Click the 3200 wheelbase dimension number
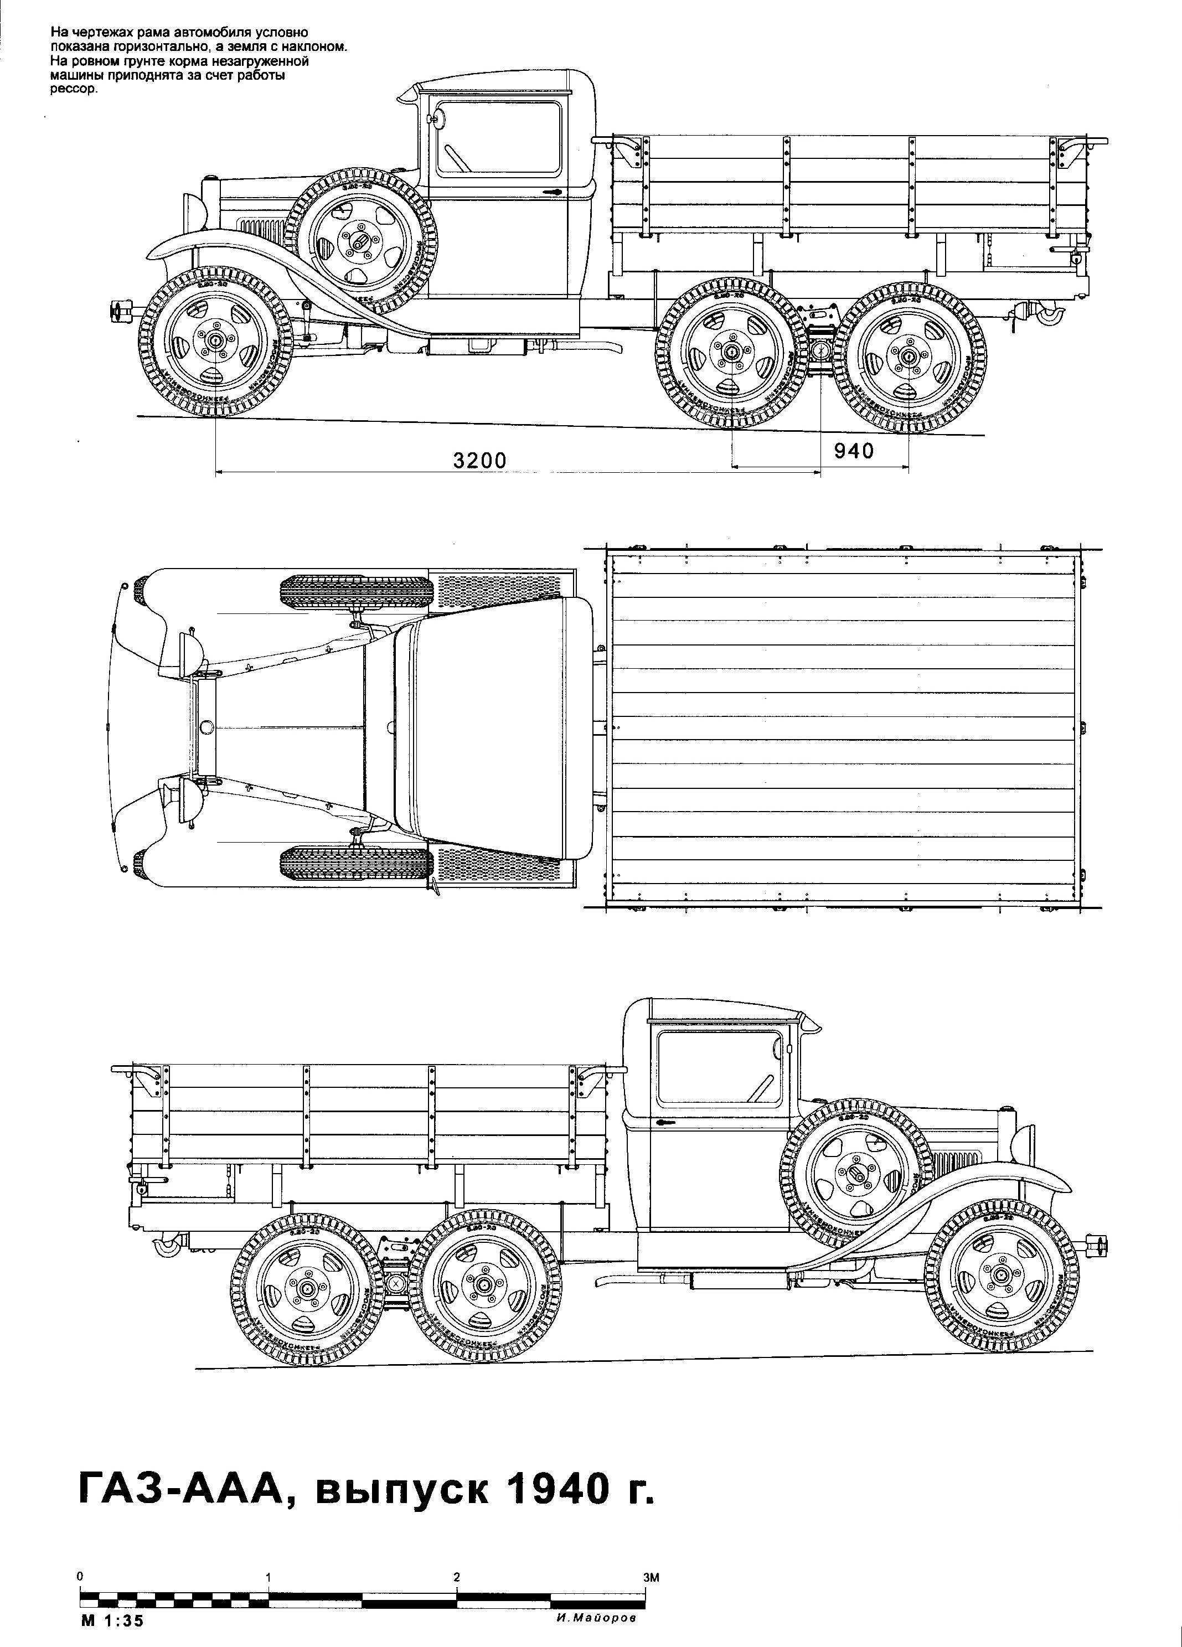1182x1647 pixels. click(480, 461)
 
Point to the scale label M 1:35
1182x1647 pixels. click(112, 1621)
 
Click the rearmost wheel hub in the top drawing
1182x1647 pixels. click(909, 356)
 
